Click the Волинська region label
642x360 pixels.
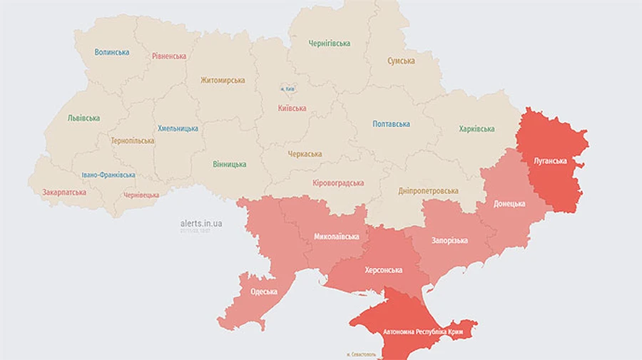pyautogui.click(x=112, y=52)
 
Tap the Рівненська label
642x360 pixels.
pyautogui.click(x=169, y=56)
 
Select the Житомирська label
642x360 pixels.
pyautogui.click(x=223, y=81)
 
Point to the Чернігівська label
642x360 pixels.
pyautogui.click(x=330, y=43)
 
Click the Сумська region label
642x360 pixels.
pyautogui.click(x=401, y=61)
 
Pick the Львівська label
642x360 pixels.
pyautogui.click(x=83, y=118)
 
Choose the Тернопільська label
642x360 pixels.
pyautogui.click(x=133, y=141)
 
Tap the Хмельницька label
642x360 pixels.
pyautogui.click(x=178, y=129)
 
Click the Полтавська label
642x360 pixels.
pyautogui.click(x=391, y=124)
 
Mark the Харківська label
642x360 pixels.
pyautogui.click(x=477, y=129)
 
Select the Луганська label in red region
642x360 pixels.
pyautogui.click(x=550, y=161)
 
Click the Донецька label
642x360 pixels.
pyautogui.click(x=509, y=204)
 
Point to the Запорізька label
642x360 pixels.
pyautogui.click(x=449, y=240)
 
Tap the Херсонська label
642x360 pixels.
pyautogui.click(x=383, y=270)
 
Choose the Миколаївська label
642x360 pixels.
pyautogui.click(x=336, y=237)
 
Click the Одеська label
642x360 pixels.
pyautogui.click(x=264, y=292)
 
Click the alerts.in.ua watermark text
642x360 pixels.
pyautogui.click(x=201, y=224)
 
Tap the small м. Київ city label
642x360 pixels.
pyautogui.click(x=288, y=89)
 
